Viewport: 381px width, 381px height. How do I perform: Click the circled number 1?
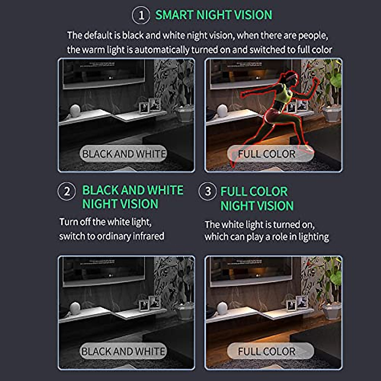[140, 15]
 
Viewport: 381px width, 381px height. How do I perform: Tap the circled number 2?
[66, 191]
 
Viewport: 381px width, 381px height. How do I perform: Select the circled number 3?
[207, 191]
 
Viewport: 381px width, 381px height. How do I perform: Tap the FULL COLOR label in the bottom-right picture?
[267, 351]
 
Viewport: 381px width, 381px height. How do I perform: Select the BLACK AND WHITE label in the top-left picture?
[124, 154]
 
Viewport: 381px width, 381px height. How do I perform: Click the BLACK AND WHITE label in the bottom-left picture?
[124, 351]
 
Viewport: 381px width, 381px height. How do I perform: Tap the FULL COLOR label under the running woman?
[267, 154]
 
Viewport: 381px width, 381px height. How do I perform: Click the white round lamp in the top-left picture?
[75, 110]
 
